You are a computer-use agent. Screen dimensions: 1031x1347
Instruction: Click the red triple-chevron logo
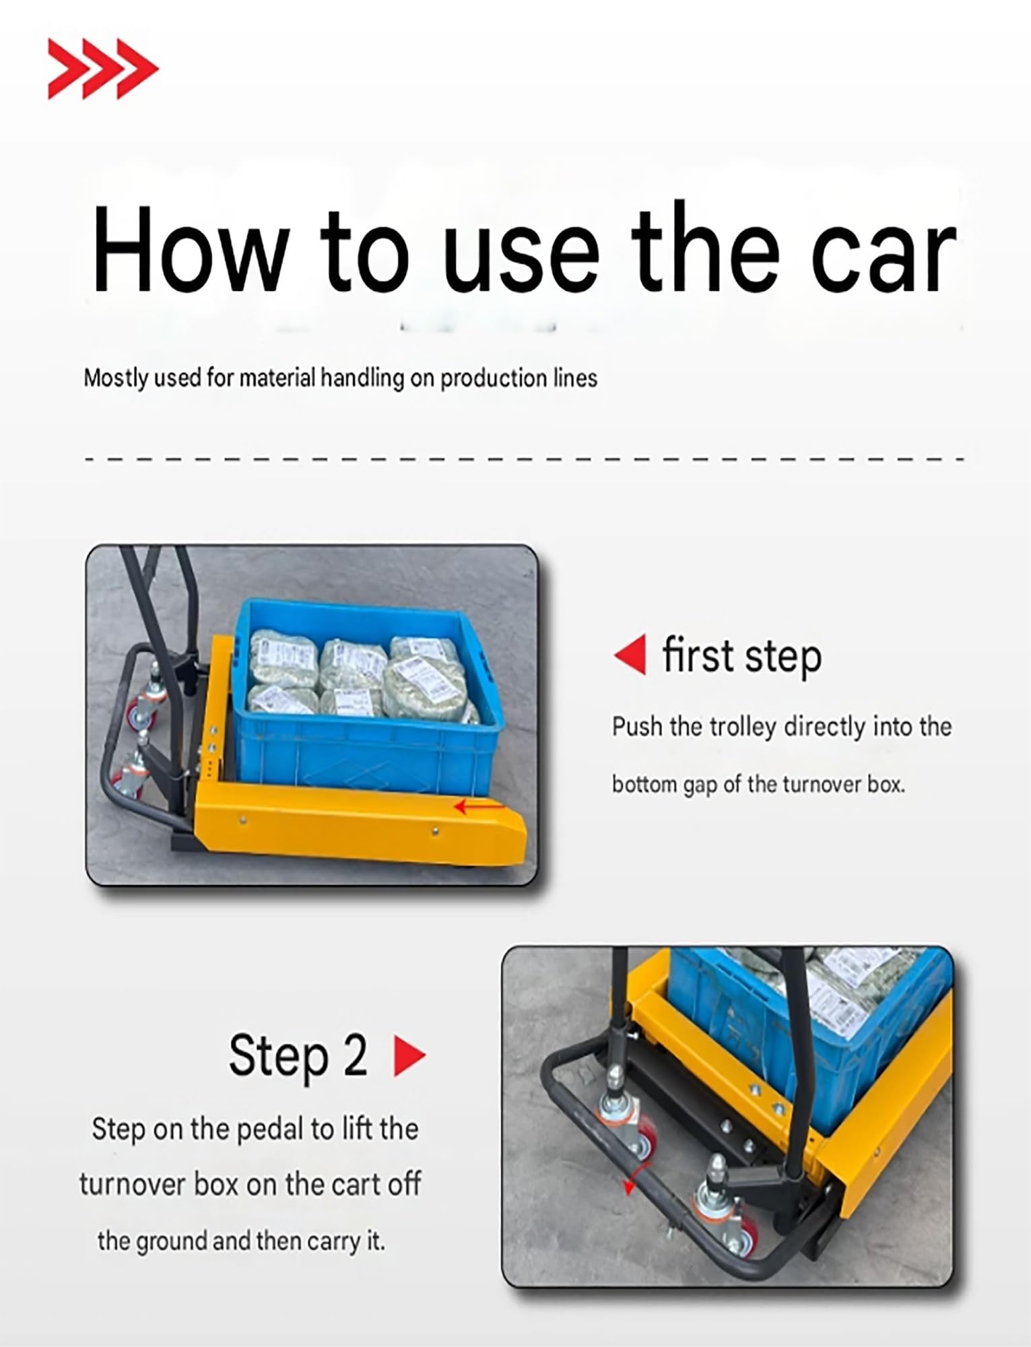click(103, 69)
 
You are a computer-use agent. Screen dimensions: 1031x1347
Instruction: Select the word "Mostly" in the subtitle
click(115, 378)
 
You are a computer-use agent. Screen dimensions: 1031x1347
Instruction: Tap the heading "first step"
click(742, 655)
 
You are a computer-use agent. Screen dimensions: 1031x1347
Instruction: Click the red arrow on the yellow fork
click(478, 806)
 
